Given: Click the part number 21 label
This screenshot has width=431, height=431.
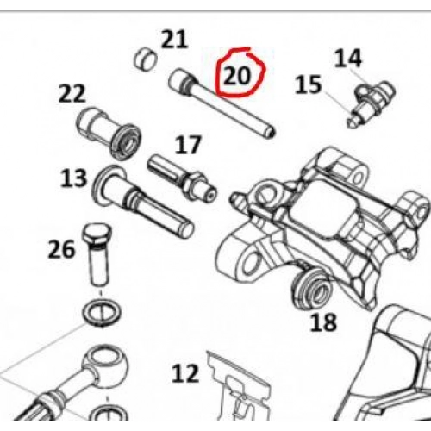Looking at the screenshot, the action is pos(175,40).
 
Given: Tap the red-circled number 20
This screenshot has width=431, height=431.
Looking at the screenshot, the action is pos(237,77).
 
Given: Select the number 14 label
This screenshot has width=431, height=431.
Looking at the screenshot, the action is pos(348,59).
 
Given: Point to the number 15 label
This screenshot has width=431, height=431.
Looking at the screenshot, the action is pos(308,84).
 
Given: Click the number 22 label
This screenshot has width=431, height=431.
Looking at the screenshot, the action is pos(72,93).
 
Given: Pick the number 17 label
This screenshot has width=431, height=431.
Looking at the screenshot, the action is pos(188,145).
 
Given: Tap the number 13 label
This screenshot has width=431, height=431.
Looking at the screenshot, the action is pos(74,178).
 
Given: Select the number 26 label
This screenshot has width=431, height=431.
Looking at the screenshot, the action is pos(61,249).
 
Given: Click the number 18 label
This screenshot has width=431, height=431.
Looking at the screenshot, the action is pos(323,322).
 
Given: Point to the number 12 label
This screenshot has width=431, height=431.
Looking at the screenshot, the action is pos(185,373).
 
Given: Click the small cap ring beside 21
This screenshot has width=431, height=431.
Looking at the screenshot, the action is pos(146,59).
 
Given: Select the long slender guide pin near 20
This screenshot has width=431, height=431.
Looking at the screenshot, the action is pos(222,103).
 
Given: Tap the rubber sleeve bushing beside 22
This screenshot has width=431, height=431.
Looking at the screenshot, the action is pos(109,134).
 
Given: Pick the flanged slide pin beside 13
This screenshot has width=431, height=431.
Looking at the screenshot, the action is pos(142,202).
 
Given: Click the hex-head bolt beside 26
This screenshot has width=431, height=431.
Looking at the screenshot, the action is pos(97,255).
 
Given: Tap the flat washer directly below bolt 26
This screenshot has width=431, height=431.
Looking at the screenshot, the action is pos(101,313).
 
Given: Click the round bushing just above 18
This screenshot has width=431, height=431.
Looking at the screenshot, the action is pos(312,290).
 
